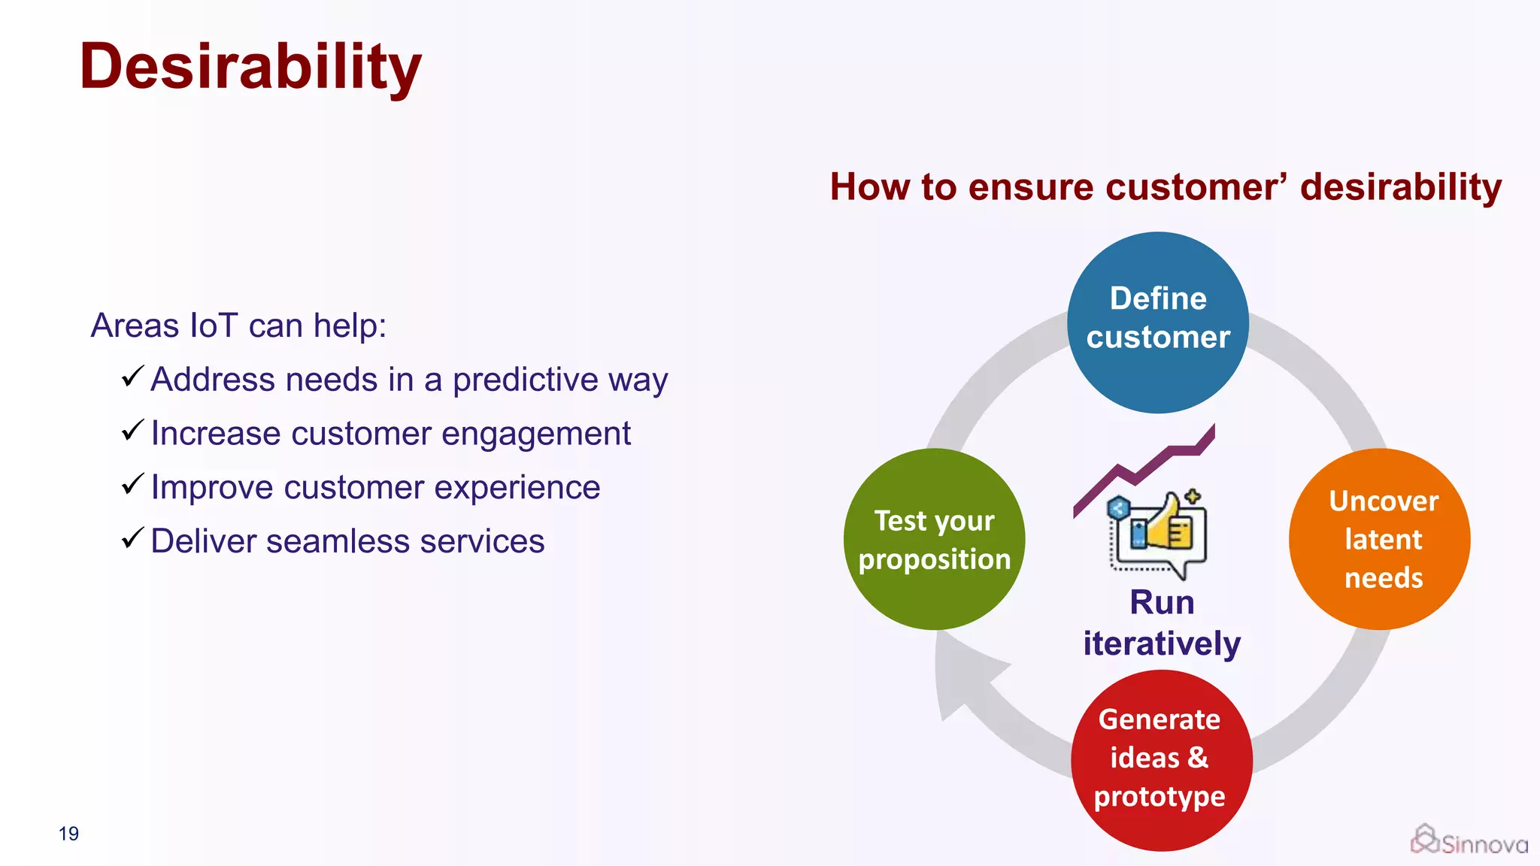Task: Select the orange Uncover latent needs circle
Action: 1380,539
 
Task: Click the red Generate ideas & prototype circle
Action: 1161,759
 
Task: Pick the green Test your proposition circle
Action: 934,539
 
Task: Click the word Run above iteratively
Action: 1162,603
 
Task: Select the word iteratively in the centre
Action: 1162,644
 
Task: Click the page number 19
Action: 68,834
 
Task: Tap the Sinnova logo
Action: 1469,841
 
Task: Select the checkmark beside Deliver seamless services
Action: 132,537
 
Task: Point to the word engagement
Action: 535,434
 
